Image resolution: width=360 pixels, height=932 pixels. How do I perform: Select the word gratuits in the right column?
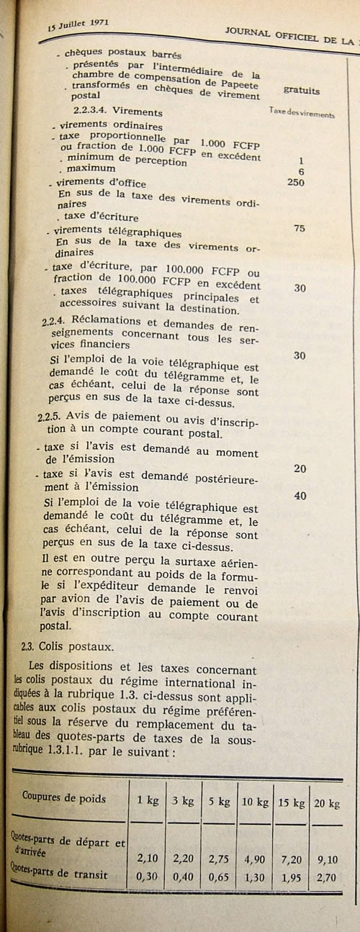(x=302, y=91)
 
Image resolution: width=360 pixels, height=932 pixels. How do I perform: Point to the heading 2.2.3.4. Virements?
(x=117, y=112)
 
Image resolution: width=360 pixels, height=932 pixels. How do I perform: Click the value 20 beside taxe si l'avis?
(x=300, y=469)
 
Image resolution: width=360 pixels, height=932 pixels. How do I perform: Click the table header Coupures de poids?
(x=64, y=798)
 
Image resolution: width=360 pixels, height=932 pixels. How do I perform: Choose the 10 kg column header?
(x=254, y=802)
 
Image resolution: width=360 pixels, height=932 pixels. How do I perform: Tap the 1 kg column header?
(x=148, y=800)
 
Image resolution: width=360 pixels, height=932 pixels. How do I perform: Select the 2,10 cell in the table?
(x=148, y=858)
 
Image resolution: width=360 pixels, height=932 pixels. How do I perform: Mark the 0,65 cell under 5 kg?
(x=218, y=877)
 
